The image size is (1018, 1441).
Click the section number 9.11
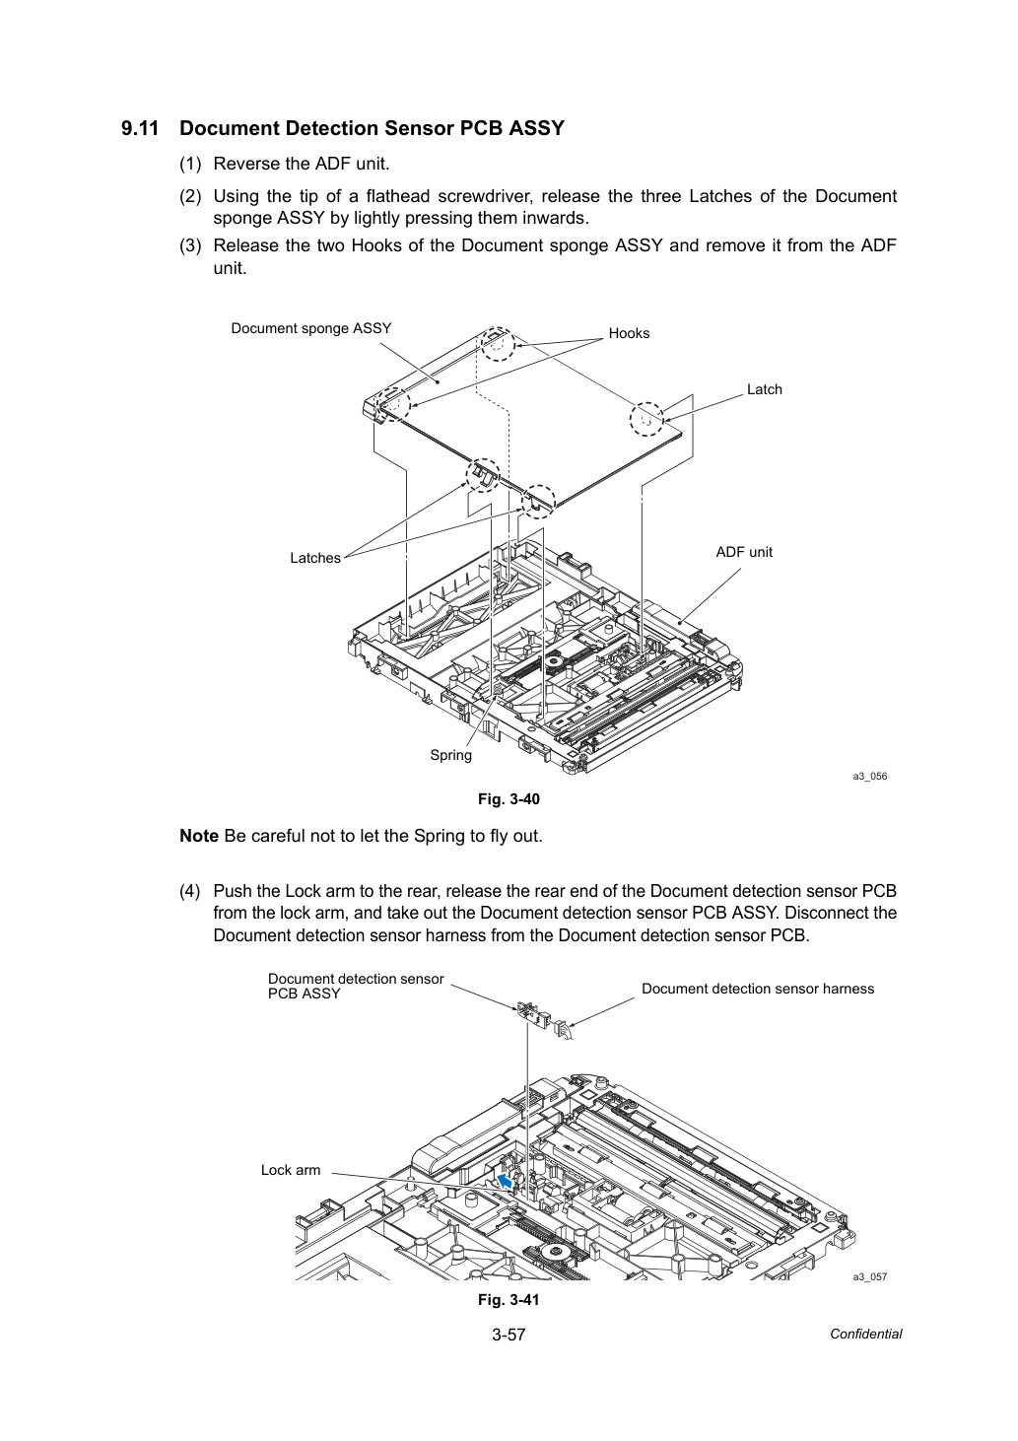140,128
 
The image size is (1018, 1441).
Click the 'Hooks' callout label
629,333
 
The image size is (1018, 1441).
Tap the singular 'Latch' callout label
764,389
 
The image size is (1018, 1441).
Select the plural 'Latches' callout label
315,558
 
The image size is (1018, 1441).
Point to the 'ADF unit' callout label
744,552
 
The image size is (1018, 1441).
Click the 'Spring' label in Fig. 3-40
450,755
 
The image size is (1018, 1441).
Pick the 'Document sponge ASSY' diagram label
311,329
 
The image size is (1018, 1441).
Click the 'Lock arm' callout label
291,1170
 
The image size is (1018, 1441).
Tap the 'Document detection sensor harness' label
758,989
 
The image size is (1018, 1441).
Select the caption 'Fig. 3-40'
509,799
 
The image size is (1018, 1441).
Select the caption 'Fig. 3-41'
509,1299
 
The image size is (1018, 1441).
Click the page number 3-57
509,1335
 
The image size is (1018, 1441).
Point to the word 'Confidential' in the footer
865,1335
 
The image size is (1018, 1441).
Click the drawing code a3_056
870,776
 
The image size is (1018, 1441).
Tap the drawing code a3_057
870,1277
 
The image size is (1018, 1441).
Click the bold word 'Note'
199,836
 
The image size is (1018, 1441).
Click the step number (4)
190,891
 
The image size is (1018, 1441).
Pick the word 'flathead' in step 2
397,195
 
